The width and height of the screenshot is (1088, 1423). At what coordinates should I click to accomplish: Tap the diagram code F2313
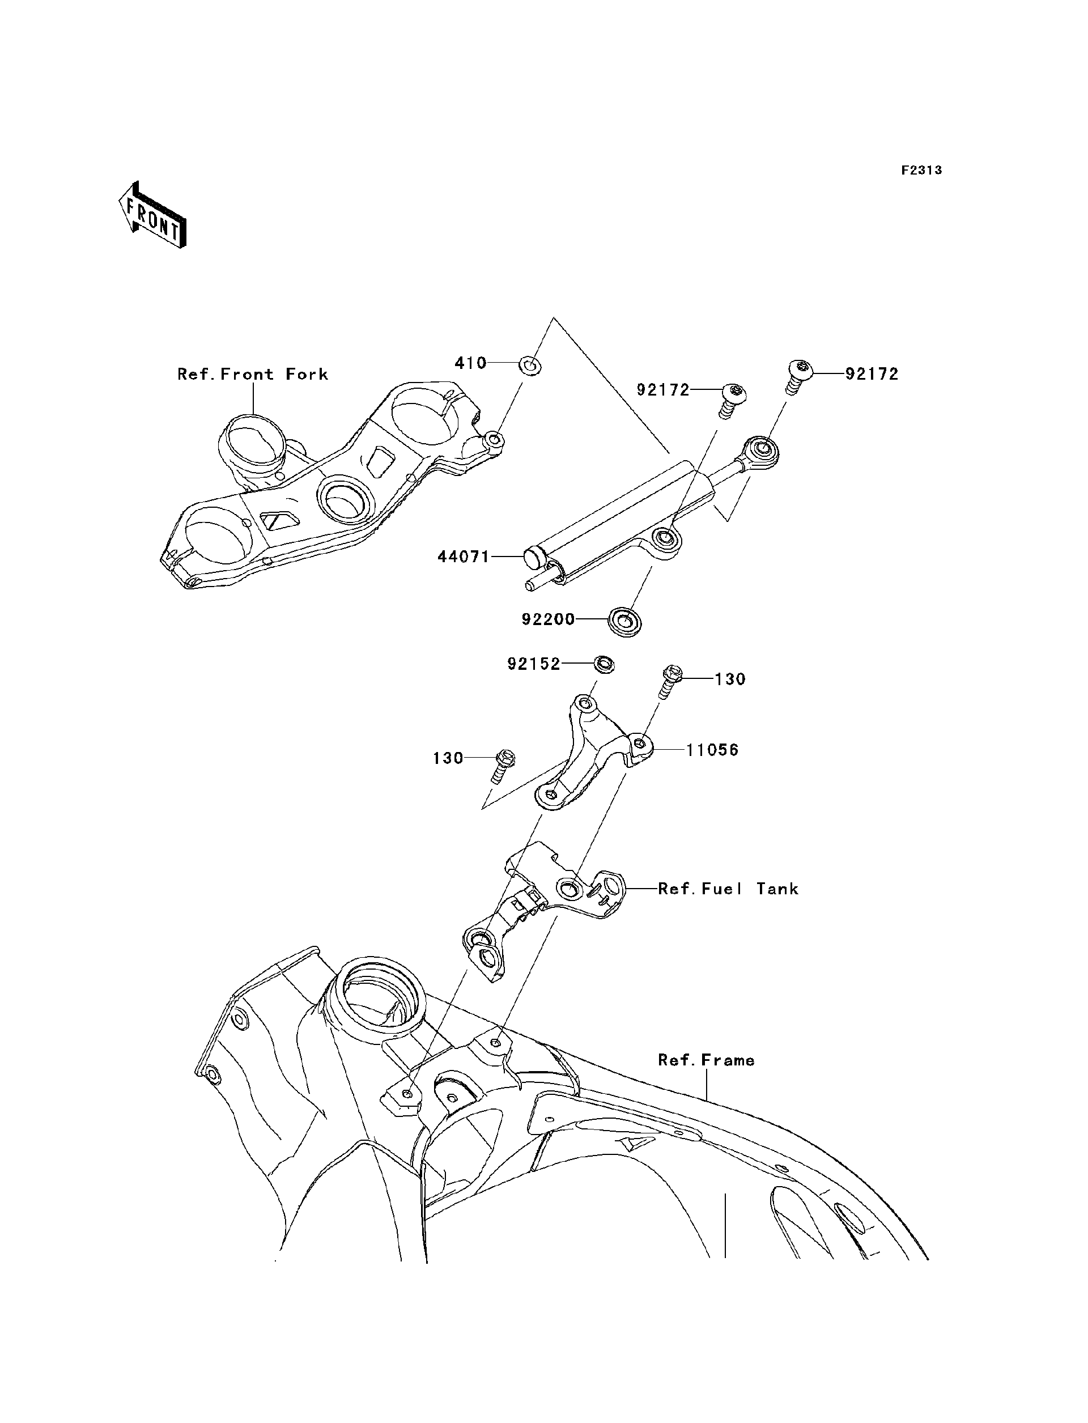pos(921,171)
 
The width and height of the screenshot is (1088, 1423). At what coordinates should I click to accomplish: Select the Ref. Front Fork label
pos(253,375)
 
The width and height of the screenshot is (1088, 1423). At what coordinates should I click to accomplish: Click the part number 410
pos(470,363)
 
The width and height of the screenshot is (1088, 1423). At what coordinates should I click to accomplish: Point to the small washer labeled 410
pos(530,367)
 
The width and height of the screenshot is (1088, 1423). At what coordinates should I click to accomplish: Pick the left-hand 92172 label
pos(663,390)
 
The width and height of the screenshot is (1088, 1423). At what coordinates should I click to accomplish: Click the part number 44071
pos(464,557)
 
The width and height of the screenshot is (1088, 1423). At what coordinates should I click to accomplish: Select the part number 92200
pos(549,619)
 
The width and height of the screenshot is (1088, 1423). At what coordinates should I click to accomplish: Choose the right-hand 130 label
pos(730,679)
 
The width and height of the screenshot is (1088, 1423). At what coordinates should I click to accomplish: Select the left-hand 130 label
pos(448,758)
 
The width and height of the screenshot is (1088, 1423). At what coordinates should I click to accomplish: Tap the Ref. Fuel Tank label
pos(728,889)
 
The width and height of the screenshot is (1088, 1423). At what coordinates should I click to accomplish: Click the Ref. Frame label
pos(706,1060)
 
